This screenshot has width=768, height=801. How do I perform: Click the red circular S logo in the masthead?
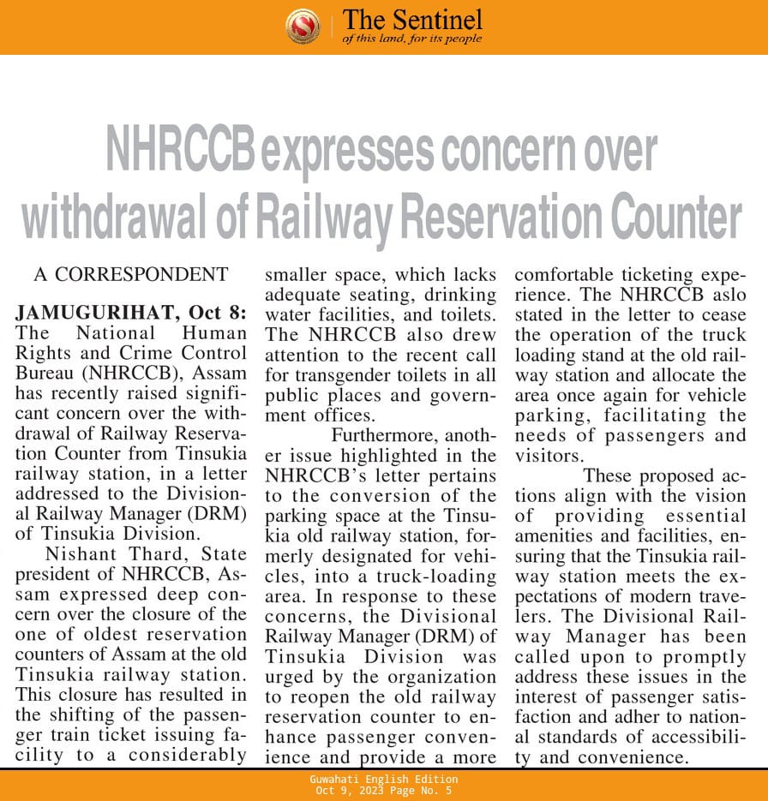(303, 26)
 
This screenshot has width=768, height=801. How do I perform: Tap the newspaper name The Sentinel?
(412, 20)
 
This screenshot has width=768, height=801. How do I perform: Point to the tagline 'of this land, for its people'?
(411, 39)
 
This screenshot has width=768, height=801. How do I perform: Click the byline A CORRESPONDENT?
(131, 275)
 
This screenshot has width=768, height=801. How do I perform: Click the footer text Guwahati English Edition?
(383, 779)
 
